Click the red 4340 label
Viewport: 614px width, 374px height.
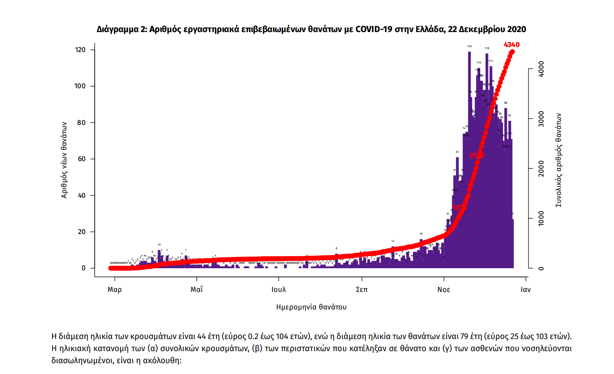pyautogui.click(x=511, y=45)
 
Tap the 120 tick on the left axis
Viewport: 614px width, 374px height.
pyautogui.click(x=80, y=50)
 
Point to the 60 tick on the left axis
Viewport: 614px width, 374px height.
pyautogui.click(x=82, y=159)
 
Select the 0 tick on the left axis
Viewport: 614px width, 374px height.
pyautogui.click(x=83, y=268)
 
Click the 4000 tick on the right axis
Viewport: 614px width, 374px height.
pyautogui.click(x=541, y=68)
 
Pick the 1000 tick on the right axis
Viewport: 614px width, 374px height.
pyautogui.click(x=541, y=218)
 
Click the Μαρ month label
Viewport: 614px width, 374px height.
pyautogui.click(x=115, y=289)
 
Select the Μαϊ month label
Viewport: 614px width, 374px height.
pyautogui.click(x=196, y=289)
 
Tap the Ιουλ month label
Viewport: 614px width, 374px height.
pyautogui.click(x=279, y=289)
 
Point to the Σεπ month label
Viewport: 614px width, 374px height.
pyautogui.click(x=362, y=289)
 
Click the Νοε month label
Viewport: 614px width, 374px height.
pyautogui.click(x=444, y=289)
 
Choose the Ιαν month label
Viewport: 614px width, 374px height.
pyautogui.click(x=526, y=289)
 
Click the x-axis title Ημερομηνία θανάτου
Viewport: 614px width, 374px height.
pyautogui.click(x=311, y=307)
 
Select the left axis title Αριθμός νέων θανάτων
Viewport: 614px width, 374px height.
pyautogui.click(x=64, y=160)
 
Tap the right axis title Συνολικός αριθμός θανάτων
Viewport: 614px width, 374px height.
pyautogui.click(x=559, y=160)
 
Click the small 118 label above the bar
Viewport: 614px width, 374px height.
pyautogui.click(x=487, y=48)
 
